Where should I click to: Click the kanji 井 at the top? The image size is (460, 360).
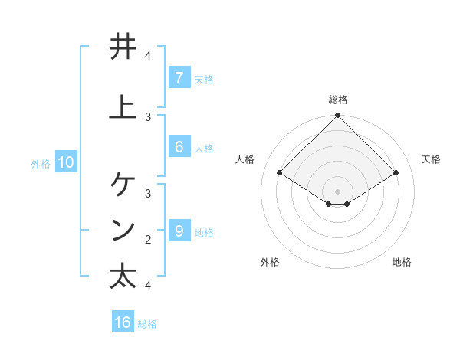pos(123,47)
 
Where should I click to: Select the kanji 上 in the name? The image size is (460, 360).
pos(123,107)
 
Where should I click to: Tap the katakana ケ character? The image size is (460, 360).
pos(123,184)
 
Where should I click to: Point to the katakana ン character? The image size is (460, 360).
pos(123,230)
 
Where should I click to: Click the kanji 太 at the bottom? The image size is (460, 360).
pos(123,276)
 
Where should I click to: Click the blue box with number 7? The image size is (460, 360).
pos(179,77)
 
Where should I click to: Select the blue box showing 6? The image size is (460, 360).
pos(179,147)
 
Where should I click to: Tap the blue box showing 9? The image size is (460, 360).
pos(179,231)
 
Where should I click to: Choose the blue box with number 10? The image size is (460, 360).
pos(65,162)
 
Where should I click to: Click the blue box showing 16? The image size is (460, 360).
pos(123,322)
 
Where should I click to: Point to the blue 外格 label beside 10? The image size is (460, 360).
pos(40,163)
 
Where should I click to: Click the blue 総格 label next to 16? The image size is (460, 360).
pos(147,324)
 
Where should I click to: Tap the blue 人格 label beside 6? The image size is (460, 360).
pos(204,149)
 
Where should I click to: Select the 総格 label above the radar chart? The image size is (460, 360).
pos(338,100)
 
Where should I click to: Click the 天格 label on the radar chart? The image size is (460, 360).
pos(432,159)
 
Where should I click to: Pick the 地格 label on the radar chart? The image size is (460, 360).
pos(402,262)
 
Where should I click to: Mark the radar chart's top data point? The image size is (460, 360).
pos(338,116)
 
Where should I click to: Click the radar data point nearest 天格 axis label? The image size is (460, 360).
pos(396,173)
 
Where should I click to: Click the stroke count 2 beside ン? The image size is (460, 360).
pos(148,239)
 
